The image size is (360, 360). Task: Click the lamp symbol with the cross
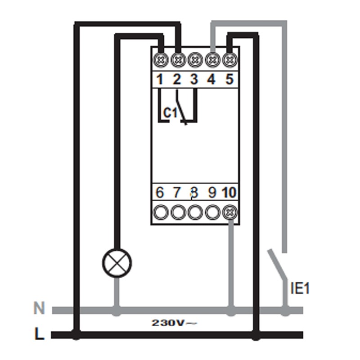117,263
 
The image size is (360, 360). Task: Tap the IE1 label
300,288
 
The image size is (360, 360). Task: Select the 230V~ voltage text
174,323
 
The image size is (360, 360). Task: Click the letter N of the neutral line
40,309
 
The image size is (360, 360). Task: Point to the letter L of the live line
40,334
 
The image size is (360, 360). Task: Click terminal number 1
160,80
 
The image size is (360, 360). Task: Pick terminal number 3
194,80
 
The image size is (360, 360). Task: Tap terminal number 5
229,80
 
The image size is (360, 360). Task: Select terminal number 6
160,193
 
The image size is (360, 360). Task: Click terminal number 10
229,193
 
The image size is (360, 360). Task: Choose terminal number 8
194,193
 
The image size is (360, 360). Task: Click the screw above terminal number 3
194,59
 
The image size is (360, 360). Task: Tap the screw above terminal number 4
211,59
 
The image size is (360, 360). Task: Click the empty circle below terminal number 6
160,211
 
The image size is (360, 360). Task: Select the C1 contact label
170,112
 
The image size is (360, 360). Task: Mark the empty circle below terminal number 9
212,211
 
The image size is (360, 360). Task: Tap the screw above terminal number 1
160,59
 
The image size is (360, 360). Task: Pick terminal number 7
177,193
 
